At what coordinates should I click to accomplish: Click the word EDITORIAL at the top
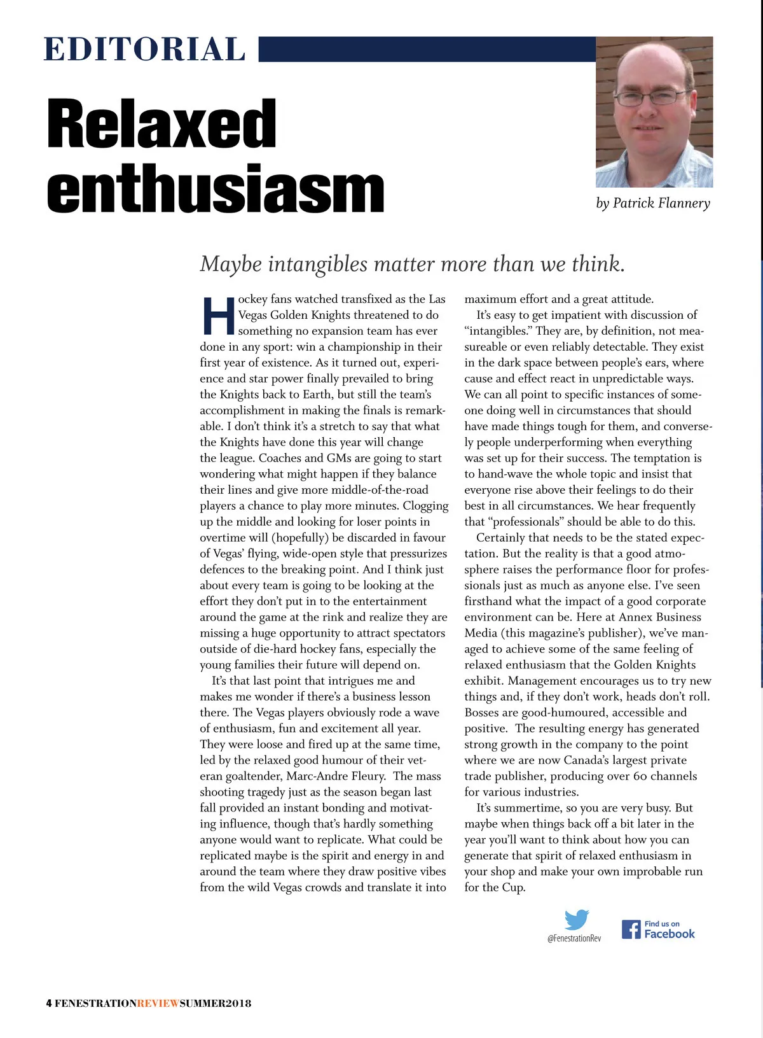pos(144,50)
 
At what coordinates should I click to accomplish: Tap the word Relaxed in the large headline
pos(162,123)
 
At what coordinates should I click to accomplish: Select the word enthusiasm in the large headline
pos(216,189)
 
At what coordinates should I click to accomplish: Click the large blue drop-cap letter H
pos(218,316)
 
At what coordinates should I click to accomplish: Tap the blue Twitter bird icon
pos(577,920)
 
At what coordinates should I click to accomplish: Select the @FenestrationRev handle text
pos(574,938)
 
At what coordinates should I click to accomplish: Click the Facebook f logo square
pos(631,929)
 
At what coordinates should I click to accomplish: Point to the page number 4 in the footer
pos(49,1004)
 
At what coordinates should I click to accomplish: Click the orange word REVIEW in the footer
pos(158,1004)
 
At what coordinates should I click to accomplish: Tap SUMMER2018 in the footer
pos(216,1004)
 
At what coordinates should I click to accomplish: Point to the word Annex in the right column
pos(635,617)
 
